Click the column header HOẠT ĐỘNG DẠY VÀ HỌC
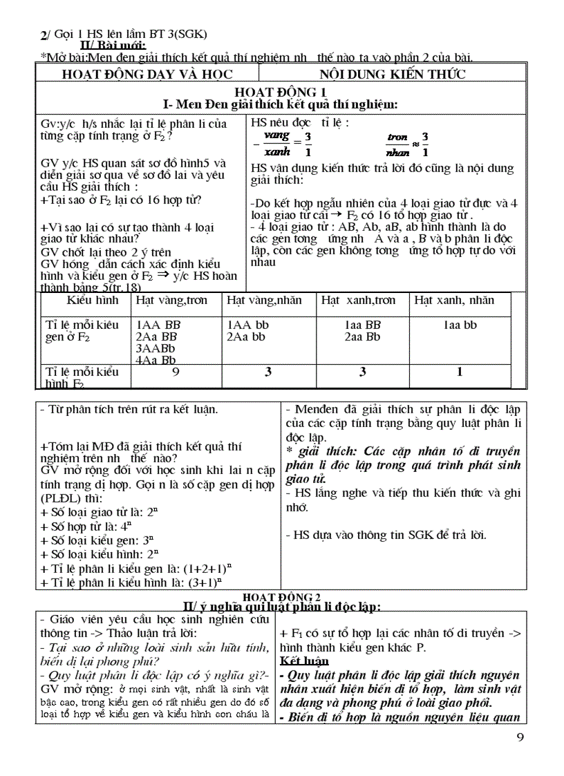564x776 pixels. [x=147, y=75]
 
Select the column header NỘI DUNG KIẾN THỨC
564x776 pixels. [x=392, y=75]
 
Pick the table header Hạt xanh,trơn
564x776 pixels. [x=359, y=301]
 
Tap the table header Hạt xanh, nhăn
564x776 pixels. [x=454, y=301]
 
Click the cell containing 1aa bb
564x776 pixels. [x=460, y=325]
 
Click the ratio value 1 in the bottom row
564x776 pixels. [x=460, y=372]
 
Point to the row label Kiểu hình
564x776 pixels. [x=93, y=301]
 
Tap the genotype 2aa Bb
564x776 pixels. [x=363, y=337]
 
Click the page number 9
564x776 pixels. [x=520, y=737]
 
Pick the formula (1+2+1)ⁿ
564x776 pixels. [x=207, y=568]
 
